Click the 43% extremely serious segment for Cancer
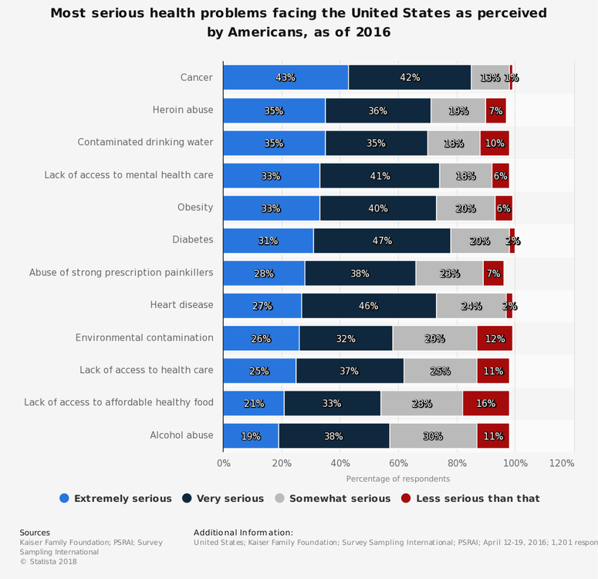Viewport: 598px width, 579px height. [285, 77]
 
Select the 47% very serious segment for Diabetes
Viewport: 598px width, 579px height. [382, 240]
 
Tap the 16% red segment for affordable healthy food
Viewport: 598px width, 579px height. [485, 403]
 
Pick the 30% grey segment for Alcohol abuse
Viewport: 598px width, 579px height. [433, 435]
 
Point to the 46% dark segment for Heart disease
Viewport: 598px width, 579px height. [369, 305]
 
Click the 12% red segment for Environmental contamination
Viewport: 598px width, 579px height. [495, 338]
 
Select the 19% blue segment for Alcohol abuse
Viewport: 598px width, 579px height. [251, 435]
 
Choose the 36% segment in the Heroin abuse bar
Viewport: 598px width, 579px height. [378, 110]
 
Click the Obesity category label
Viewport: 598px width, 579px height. [194, 208]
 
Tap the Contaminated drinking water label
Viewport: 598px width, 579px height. [145, 143]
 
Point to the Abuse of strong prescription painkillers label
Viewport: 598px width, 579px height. [121, 273]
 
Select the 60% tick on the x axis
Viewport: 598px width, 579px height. [399, 463]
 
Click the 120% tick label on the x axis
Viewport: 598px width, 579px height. [562, 463]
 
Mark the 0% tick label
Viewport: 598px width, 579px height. [224, 463]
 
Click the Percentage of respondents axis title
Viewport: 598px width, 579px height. [398, 479]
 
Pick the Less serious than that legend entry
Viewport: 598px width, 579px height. [471, 499]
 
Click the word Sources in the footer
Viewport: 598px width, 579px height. [35, 533]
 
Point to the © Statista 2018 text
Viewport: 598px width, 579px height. [48, 561]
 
